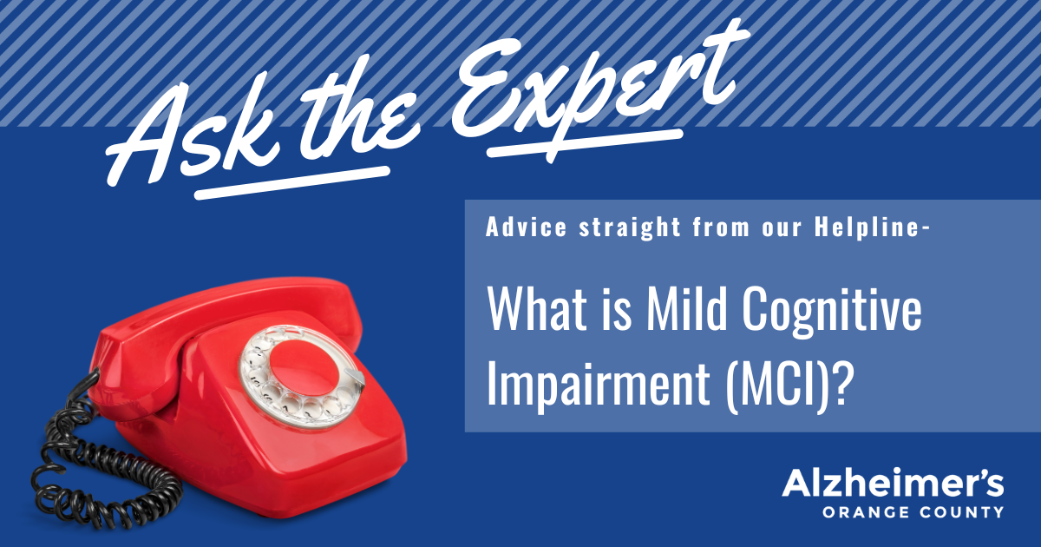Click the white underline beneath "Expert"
pos(585,144)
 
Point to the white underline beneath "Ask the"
pos(291,183)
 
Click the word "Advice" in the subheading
pos(526,227)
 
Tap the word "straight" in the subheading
pos(630,227)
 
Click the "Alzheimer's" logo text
pos(893,484)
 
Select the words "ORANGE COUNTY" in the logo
pos(913,512)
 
